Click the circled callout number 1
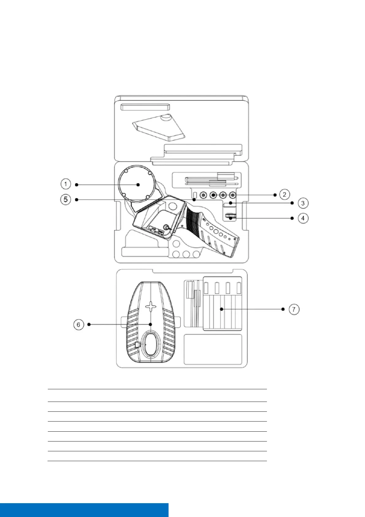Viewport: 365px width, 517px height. coord(66,184)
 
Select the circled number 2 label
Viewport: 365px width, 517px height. coord(285,194)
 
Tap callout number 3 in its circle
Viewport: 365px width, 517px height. coord(302,203)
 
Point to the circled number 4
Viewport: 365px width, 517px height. coord(303,218)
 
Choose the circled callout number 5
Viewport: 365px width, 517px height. coord(66,200)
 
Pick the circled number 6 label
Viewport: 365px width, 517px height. coord(78,325)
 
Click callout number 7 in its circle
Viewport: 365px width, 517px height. coord(294,309)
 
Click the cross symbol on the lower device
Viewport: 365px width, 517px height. coord(151,306)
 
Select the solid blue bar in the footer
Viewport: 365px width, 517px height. coord(84,510)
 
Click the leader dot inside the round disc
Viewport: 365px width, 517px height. coord(138,185)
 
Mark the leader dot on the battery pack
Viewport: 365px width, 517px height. coord(221,309)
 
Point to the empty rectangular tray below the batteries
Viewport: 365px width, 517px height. coord(213,349)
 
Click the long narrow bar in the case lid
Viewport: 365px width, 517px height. coord(145,107)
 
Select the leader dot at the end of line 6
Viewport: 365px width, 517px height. coord(150,324)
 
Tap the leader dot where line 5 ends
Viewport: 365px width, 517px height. coord(194,200)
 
